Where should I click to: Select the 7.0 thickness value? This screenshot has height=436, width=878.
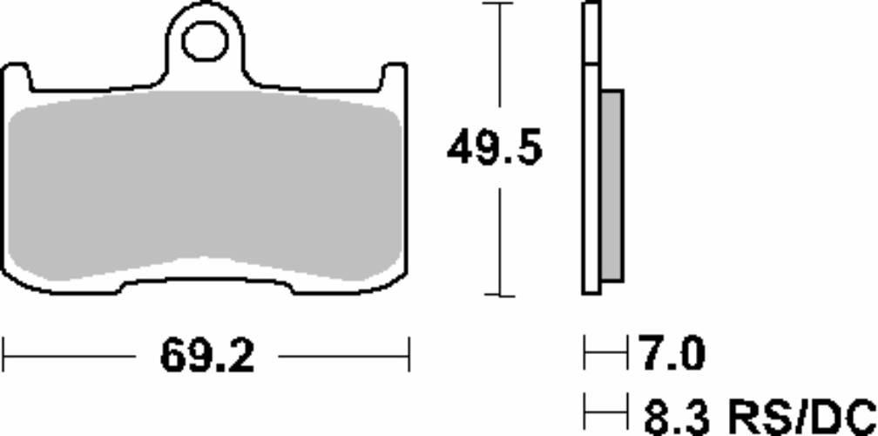click(672, 356)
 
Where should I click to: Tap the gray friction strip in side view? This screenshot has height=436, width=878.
click(612, 186)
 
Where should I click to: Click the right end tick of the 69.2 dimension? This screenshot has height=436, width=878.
click(409, 356)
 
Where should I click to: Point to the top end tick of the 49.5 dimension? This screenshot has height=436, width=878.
click(499, 4)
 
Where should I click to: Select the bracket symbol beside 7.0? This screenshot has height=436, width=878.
click(606, 356)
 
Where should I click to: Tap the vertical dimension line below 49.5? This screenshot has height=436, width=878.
click(499, 235)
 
